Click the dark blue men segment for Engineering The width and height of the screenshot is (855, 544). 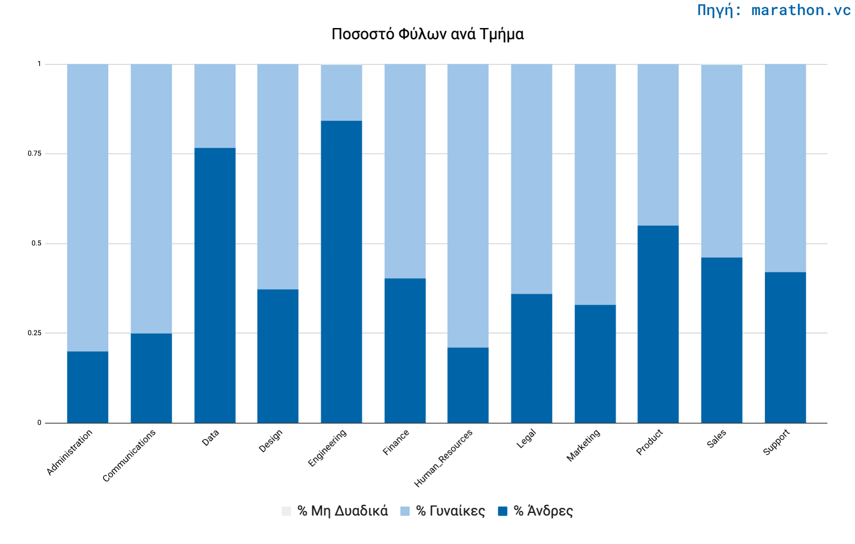[341, 272]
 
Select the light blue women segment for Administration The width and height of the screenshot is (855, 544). [87, 207]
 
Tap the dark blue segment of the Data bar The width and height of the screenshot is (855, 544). [215, 285]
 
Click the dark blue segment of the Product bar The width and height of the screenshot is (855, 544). [658, 324]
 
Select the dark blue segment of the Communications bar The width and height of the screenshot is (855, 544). [151, 378]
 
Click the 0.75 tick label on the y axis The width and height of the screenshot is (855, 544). [34, 153]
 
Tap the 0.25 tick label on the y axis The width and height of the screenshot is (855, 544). [34, 333]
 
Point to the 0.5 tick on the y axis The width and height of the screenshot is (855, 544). [36, 243]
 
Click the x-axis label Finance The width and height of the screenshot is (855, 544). [396, 442]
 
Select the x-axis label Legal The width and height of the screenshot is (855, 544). [526, 438]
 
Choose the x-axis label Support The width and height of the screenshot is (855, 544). [776, 442]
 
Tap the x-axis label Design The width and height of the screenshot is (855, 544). [271, 441]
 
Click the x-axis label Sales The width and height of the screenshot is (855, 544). [717, 439]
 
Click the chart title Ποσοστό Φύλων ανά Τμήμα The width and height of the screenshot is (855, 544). [427, 34]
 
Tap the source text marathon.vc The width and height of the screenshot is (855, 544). [774, 10]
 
